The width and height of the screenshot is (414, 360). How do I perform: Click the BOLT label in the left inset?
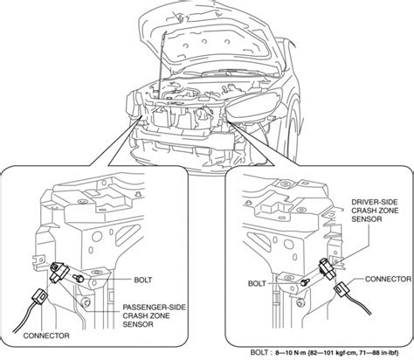142,280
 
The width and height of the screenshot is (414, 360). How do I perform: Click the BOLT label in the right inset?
257,283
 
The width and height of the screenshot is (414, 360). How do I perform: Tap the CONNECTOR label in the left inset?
46,336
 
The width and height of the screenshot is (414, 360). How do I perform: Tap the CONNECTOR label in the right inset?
388,279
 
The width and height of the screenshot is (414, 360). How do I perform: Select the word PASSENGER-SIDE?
154,308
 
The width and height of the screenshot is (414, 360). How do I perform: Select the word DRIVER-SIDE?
375,202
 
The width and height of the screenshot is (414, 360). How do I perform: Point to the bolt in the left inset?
79,278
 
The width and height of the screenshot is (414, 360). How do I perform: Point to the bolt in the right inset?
305,282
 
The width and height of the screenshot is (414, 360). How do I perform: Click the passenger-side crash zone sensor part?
59,273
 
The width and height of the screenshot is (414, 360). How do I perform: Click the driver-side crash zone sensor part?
328,268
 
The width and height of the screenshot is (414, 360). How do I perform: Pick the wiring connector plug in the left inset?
40,296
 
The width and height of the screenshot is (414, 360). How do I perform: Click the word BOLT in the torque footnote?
259,352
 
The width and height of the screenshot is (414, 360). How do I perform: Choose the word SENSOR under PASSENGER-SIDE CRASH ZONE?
138,324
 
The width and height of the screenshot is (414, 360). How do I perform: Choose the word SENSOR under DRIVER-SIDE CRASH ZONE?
367,218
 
